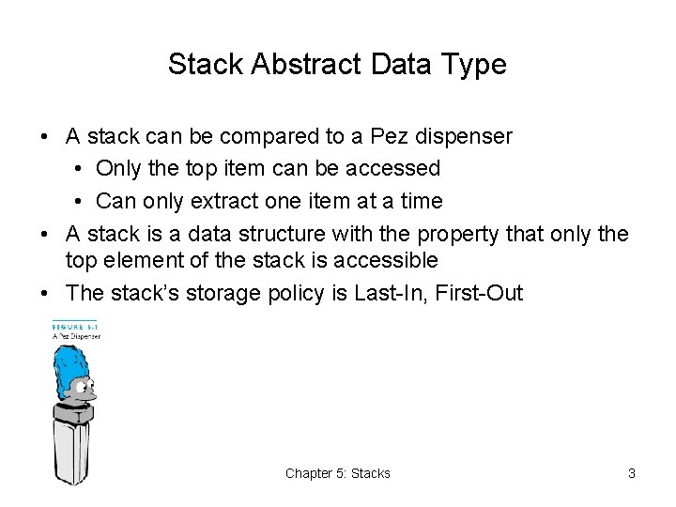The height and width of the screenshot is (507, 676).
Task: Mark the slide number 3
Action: pyautogui.click(x=632, y=473)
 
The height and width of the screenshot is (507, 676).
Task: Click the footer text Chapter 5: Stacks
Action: pyautogui.click(x=338, y=473)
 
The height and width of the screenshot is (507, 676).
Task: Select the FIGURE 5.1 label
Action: pyautogui.click(x=75, y=325)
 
